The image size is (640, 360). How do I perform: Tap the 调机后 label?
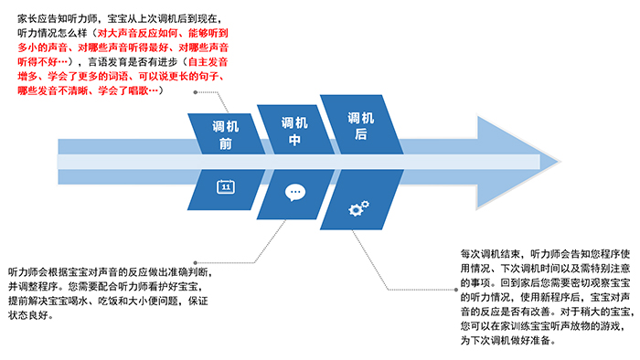(x=361, y=126)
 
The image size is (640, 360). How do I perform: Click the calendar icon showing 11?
(x=225, y=187)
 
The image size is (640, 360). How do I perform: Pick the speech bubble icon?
(x=294, y=193)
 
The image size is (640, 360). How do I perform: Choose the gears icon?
(x=359, y=208)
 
